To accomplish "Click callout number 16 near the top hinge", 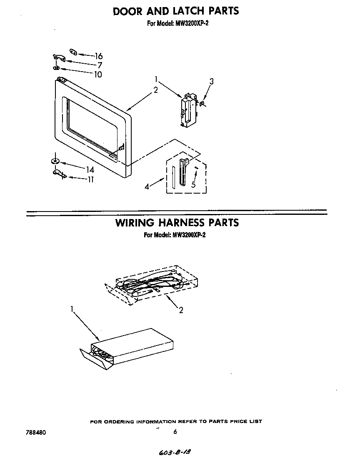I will tap(99, 56).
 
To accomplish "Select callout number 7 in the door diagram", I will tap(100, 65).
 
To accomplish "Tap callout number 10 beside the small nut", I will tap(98, 75).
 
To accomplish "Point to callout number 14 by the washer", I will tap(90, 170).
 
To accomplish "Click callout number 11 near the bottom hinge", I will tap(90, 180).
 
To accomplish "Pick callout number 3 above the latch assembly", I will tap(211, 82).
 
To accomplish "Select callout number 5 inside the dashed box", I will tap(193, 185).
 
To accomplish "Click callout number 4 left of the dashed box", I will tap(147, 187).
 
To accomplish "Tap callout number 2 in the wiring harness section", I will tap(181, 310).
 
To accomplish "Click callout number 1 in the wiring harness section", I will tap(72, 309).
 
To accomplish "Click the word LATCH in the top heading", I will tap(185, 11).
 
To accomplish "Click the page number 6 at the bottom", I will tap(175, 432).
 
